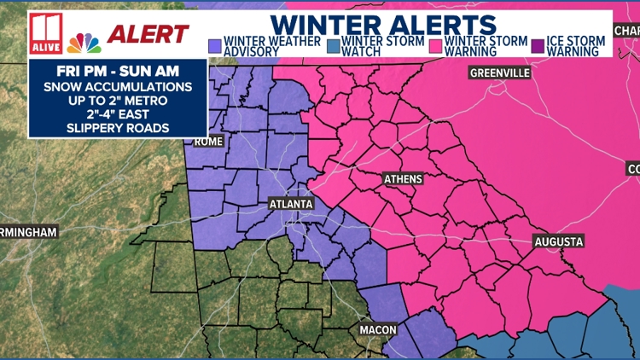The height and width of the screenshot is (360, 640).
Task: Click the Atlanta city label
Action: pyautogui.click(x=291, y=204)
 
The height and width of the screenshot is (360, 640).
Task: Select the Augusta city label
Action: pyautogui.click(x=559, y=241)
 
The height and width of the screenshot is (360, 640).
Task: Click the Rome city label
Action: pyautogui.click(x=207, y=141)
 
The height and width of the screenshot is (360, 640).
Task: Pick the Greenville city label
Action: pyautogui.click(x=499, y=73)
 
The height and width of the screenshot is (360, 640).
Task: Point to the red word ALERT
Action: pyautogui.click(x=147, y=34)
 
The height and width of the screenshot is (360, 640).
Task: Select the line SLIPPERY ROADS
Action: pyautogui.click(x=118, y=129)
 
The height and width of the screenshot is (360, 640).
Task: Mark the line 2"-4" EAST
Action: pyautogui.click(x=118, y=113)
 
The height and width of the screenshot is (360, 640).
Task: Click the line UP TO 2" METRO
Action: pyautogui.click(x=118, y=99)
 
